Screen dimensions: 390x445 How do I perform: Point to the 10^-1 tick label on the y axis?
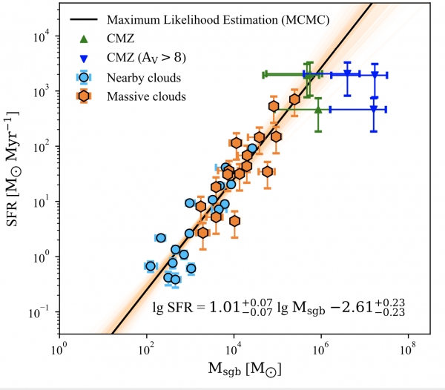40,312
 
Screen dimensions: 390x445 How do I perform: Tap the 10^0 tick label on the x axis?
59,346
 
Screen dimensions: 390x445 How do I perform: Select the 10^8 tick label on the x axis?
407,346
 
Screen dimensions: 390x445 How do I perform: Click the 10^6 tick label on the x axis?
320,346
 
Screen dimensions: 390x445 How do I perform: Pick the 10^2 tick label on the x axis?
146,346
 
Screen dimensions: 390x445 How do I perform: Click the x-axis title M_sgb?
233,368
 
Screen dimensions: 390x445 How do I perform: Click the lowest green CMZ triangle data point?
318,109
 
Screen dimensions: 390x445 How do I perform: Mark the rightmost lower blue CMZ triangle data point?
373,109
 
